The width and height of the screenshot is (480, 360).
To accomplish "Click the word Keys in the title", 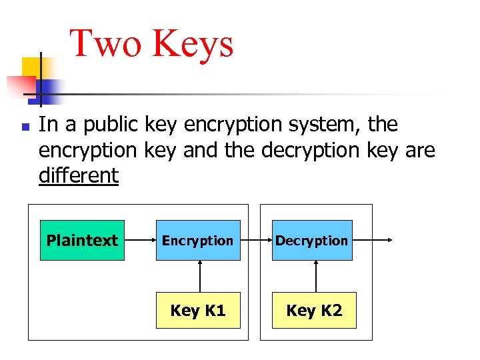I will (193, 44).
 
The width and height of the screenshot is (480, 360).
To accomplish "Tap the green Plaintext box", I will (82, 240).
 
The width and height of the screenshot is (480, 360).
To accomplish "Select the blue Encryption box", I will (198, 240).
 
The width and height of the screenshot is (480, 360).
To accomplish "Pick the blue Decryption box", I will (312, 240).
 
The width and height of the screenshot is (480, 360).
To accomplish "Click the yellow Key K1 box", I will (198, 310).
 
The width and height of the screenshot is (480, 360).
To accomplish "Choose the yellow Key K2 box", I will (314, 310).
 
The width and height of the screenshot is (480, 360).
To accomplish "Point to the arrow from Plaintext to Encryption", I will (140, 240).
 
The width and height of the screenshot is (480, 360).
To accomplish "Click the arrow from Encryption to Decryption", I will (256, 240).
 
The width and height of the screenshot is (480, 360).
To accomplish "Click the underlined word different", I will (79, 176).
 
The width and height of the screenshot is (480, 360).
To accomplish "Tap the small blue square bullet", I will (24, 125).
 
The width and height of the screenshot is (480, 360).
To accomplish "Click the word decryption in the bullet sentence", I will (311, 151).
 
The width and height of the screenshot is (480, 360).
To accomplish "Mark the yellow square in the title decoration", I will (31, 66).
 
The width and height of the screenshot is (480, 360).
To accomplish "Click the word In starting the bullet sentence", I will (47, 125).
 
